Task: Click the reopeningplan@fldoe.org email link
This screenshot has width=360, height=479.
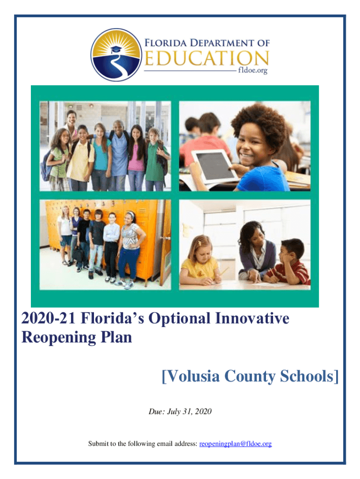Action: [x=236, y=443]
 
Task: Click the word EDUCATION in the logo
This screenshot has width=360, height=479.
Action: [x=206, y=58]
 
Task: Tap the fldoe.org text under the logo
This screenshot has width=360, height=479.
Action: [x=252, y=71]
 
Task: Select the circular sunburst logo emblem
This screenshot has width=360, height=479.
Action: [x=116, y=55]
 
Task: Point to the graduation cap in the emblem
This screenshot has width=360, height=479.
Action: [x=116, y=49]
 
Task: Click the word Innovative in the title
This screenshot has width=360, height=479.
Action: [x=252, y=318]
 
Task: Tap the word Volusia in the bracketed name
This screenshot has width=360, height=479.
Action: [x=190, y=376]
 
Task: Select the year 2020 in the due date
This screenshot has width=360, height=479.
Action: [x=203, y=412]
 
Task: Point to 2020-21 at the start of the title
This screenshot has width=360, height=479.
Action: [x=48, y=318]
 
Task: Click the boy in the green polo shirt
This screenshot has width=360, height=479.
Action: [x=156, y=159]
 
